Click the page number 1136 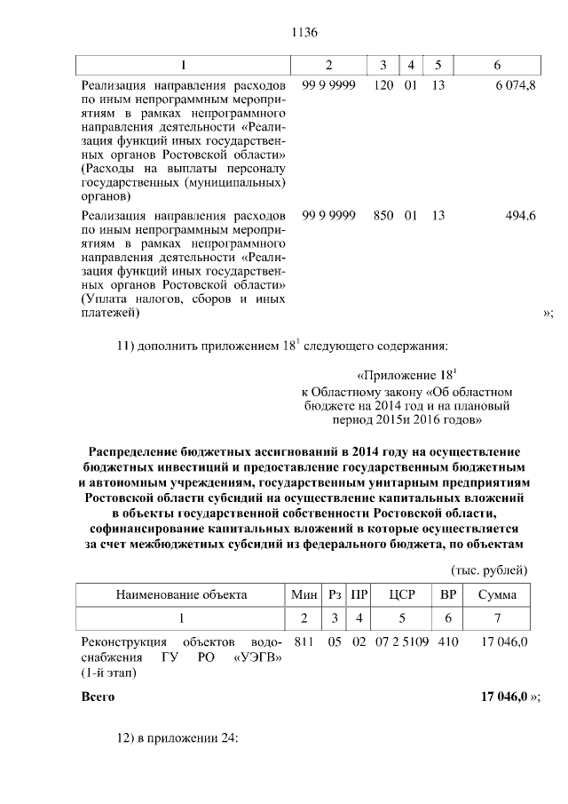(304, 33)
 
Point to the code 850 (384, 215)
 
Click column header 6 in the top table (496, 65)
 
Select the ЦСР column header (402, 594)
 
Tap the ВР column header (449, 594)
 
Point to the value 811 (304, 641)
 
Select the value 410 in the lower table (449, 641)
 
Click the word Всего (98, 697)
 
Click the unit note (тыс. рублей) (490, 569)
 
